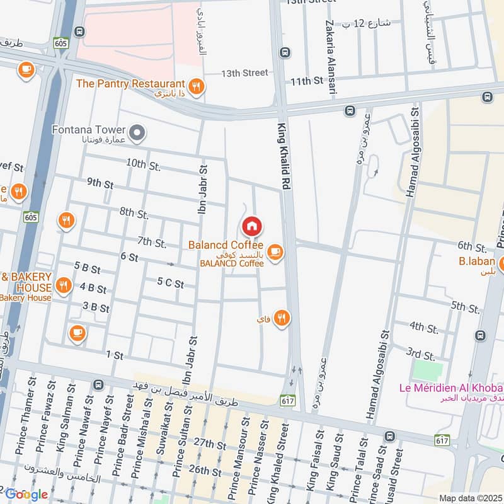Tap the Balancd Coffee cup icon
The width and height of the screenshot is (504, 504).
[x=274, y=253]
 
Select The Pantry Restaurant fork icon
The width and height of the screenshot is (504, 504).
[x=197, y=86]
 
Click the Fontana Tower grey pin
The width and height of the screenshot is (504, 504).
[x=139, y=133]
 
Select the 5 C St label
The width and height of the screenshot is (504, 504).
[x=170, y=285]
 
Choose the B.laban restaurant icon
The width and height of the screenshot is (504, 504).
[x=501, y=263]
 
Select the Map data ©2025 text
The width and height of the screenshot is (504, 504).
[x=471, y=498]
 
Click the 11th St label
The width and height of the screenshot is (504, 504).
[x=306, y=81]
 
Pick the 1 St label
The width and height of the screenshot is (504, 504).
[x=115, y=356]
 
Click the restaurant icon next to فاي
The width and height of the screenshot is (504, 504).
[x=281, y=319]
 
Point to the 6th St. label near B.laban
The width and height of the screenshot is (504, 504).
[x=472, y=246]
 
